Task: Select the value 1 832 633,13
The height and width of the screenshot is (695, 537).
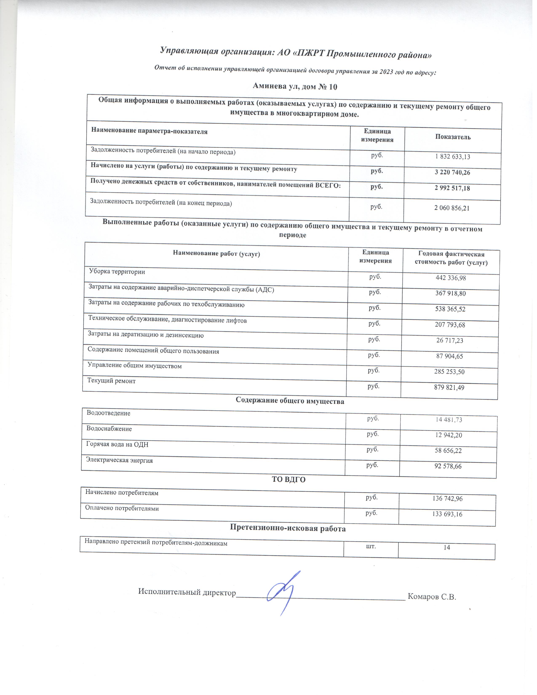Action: [x=452, y=156]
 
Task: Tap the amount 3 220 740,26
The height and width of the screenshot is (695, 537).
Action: [x=452, y=172]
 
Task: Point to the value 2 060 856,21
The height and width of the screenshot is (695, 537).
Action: [x=452, y=208]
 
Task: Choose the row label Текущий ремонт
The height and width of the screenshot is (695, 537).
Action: [x=111, y=381]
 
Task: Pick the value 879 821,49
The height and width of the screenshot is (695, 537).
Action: [x=449, y=388]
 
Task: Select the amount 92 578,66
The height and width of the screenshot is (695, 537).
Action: [x=448, y=466]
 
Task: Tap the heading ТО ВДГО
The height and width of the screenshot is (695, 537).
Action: [x=289, y=480]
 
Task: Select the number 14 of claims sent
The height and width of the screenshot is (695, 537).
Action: [x=447, y=547]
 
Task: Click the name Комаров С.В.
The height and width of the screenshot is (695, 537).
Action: [x=432, y=597]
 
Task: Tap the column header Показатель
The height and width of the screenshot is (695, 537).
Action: [x=453, y=137]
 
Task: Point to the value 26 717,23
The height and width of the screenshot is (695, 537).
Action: [x=450, y=341]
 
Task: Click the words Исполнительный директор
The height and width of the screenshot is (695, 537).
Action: [x=187, y=592]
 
